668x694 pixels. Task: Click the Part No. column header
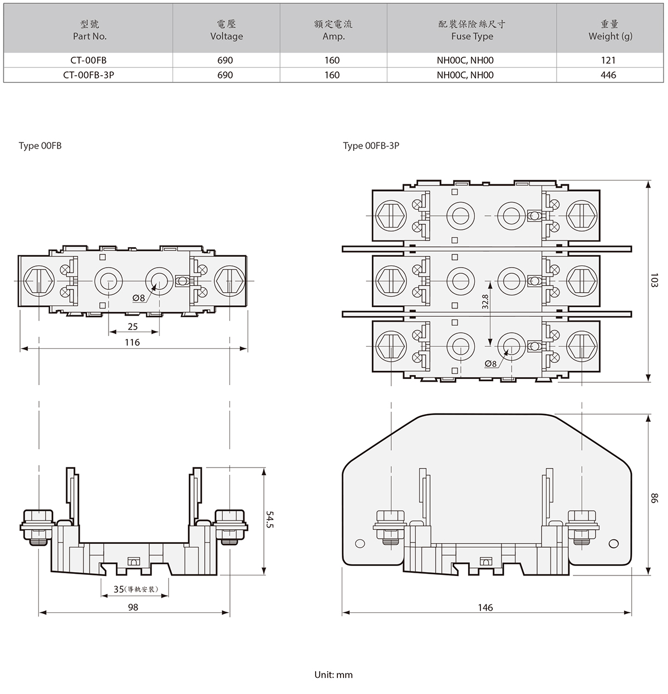(90, 30)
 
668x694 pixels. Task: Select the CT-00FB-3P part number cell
(89, 75)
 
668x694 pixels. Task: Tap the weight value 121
(608, 60)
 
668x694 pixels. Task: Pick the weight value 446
(608, 75)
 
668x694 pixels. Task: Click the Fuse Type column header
(472, 30)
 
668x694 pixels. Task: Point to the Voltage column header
(227, 30)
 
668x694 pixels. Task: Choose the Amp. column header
(333, 30)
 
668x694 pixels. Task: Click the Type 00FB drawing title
(40, 146)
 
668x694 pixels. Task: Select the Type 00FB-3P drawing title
(371, 146)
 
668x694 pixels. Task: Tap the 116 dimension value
(132, 342)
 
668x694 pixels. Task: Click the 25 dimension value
(132, 327)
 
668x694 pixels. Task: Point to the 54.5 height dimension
(271, 520)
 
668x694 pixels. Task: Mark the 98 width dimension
(132, 607)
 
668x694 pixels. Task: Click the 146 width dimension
(485, 607)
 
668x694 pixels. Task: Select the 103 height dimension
(655, 280)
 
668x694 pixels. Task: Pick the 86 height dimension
(655, 498)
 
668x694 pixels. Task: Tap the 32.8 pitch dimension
(485, 302)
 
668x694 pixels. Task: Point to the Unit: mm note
(333, 675)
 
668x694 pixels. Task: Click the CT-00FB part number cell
(89, 60)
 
